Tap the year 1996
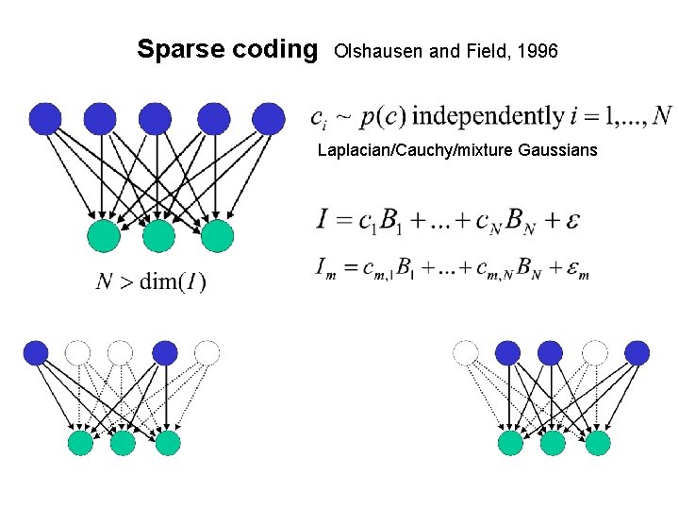coord(538,51)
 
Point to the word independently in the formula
coord(488,116)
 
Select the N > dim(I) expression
coord(152,280)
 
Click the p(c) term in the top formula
coord(384,117)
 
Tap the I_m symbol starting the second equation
coord(324,268)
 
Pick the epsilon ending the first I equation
coord(571,221)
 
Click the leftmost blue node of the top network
coord(45,118)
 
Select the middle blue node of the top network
coord(156,118)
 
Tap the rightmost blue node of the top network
coord(269,118)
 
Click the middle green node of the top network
coord(159,235)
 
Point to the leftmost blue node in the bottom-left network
coord(36,353)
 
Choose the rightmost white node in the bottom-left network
coord(207,353)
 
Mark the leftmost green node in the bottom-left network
coord(80,442)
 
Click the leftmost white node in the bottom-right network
coord(466,353)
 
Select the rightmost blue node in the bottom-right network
coord(637,353)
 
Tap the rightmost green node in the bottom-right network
coord(597,442)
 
